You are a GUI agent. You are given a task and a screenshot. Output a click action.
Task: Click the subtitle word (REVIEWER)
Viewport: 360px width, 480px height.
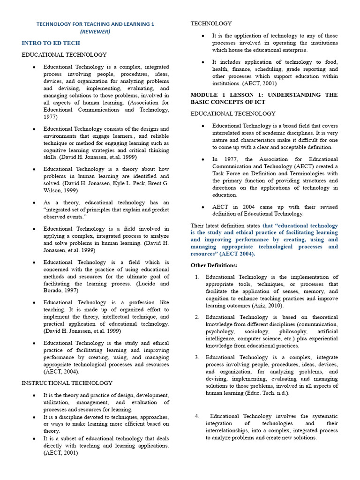pos(95,31)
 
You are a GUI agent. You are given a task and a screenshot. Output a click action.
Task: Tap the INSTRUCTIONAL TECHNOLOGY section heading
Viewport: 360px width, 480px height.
pos(67,383)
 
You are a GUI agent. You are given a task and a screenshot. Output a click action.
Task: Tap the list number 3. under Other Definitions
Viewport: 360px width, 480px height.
pos(197,357)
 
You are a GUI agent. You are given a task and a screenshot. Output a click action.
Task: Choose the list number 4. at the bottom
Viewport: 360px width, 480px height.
pos(197,416)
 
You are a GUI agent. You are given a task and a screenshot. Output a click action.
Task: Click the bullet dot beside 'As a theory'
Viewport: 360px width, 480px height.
pos(34,203)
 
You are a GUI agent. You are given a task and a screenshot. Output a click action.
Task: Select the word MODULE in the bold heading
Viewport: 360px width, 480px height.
pos(204,95)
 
